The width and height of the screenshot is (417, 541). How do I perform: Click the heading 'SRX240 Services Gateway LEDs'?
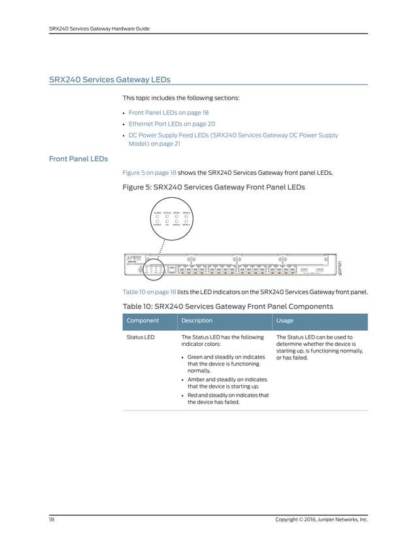109,80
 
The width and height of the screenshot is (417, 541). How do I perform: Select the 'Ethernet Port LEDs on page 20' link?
171,124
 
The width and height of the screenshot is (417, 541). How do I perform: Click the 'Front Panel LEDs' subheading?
78,159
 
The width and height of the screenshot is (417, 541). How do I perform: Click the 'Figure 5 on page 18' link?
150,173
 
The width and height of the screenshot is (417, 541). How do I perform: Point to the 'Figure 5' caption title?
214,187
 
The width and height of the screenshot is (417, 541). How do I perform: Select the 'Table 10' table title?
227,306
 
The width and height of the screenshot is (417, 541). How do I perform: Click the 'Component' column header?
142,321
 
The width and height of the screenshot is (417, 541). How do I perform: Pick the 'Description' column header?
197,321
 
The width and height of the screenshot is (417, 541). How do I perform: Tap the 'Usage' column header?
285,321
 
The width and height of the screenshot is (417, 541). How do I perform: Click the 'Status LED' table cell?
141,337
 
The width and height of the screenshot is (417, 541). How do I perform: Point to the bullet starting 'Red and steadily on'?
227,399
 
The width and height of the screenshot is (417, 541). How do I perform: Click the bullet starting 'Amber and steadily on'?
227,383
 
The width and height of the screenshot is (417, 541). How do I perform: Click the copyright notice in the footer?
322,519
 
